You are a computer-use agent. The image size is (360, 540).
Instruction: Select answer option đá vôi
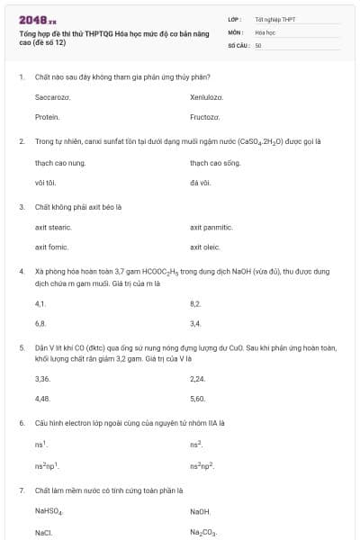pyautogui.click(x=199, y=183)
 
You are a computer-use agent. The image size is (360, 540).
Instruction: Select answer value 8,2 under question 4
pyautogui.click(x=195, y=303)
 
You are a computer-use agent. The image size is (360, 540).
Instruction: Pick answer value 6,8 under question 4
pyautogui.click(x=40, y=322)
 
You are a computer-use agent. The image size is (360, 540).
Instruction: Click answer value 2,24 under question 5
pyautogui.click(x=198, y=379)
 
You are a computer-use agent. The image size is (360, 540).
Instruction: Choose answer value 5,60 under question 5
pyautogui.click(x=198, y=398)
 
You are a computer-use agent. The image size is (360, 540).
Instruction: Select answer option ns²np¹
pyautogui.click(x=46, y=465)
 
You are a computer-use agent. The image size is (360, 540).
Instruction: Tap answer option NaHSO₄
pyautogui.click(x=49, y=511)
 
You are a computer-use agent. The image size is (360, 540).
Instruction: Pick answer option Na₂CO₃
pyautogui.click(x=203, y=532)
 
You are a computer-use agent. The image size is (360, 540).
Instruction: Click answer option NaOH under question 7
pyautogui.click(x=200, y=511)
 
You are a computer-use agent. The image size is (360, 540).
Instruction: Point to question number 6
pyautogui.click(x=21, y=422)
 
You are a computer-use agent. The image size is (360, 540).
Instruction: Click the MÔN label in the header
pyautogui.click(x=237, y=31)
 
